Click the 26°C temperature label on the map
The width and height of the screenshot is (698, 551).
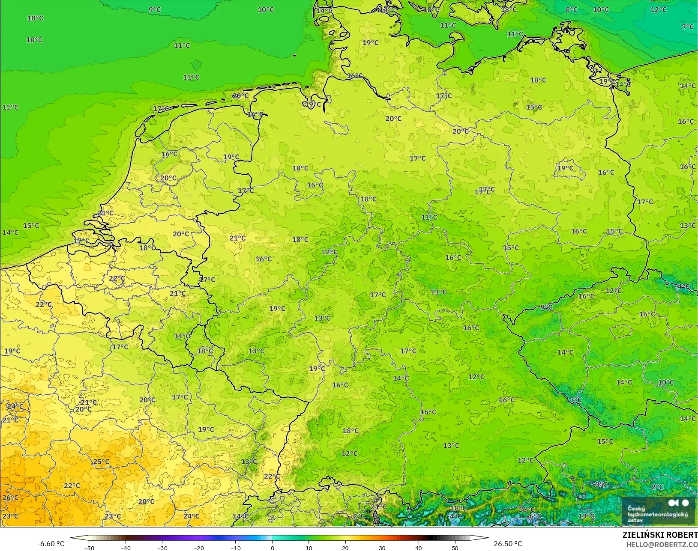point(10,497)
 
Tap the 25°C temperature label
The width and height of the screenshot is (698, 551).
point(101,462)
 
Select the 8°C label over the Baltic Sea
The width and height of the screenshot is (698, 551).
point(571,10)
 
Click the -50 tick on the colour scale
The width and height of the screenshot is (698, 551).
point(89,548)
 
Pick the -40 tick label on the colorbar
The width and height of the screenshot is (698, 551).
point(125,548)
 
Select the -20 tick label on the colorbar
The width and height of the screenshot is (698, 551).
point(198,548)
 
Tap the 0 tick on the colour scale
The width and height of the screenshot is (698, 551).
point(272,548)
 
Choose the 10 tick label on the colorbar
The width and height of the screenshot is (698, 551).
point(309,548)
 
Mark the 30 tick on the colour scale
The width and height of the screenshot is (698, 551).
point(382,548)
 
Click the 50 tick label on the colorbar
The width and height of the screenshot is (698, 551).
point(455,548)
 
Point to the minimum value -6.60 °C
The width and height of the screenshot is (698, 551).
point(51,544)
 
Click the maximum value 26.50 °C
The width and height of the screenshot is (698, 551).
point(508,544)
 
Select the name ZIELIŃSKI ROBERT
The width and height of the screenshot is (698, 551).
point(660,535)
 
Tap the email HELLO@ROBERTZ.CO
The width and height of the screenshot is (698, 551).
point(662,545)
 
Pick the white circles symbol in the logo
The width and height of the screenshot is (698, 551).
point(678,503)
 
